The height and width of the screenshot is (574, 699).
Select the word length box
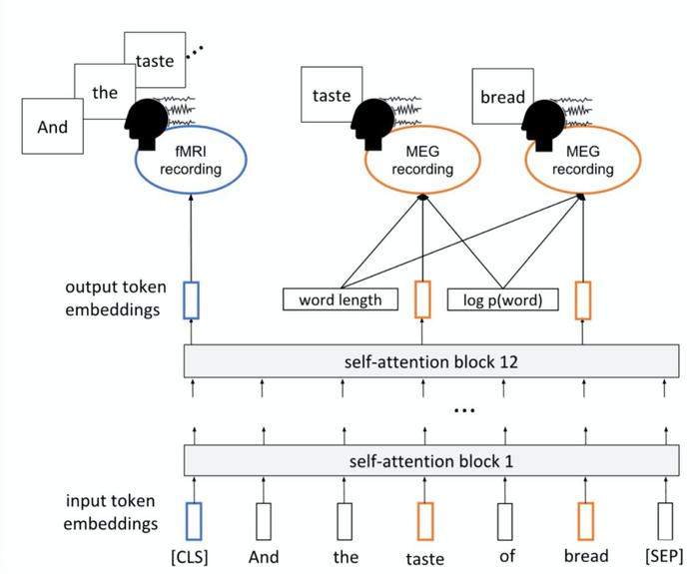[341, 299]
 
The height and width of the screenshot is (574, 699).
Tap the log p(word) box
[502, 299]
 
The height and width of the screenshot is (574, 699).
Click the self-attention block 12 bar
[431, 361]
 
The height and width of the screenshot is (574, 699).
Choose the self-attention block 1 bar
[431, 460]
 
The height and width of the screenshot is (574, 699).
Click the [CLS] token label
[190, 557]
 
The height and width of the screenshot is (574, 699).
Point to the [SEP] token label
[664, 556]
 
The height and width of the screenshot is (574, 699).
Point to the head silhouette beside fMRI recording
[146, 124]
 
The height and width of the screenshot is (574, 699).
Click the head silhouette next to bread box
[543, 125]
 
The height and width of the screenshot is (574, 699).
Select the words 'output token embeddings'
[116, 298]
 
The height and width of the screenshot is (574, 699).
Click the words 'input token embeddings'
[111, 512]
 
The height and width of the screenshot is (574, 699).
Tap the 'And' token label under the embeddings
[264, 557]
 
